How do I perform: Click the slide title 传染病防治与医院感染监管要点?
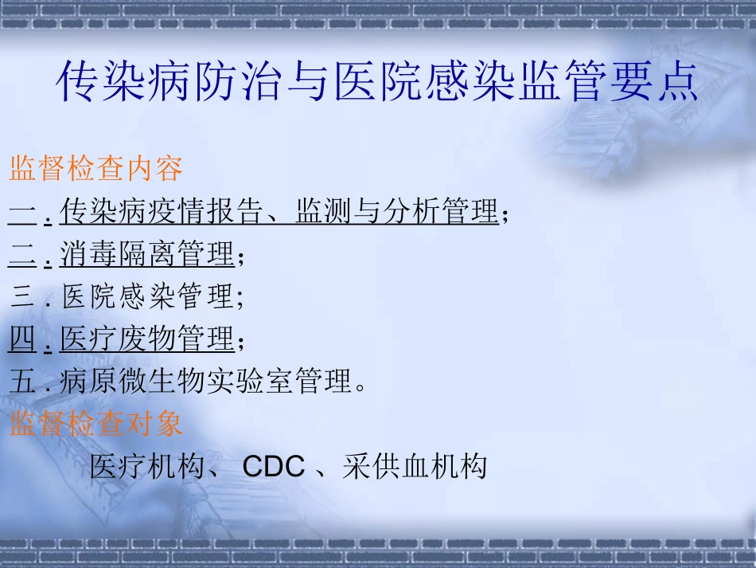(378, 82)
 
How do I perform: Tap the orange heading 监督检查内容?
(96, 169)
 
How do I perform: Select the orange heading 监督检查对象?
(96, 423)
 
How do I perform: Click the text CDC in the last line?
(274, 466)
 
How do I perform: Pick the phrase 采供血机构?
(415, 466)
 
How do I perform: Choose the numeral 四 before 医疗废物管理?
(22, 340)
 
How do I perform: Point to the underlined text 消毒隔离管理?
(147, 256)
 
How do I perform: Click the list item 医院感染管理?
(147, 298)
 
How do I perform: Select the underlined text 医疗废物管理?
(147, 340)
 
